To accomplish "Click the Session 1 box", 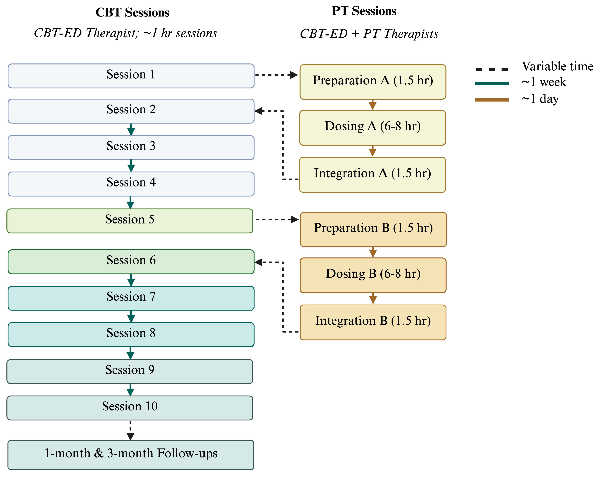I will point(131,76).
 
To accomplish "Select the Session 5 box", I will point(130,221).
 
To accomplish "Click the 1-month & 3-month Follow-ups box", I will point(131,455).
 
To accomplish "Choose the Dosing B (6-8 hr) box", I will point(373,275).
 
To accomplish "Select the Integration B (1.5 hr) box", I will point(373,322).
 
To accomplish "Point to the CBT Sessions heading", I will point(132,12).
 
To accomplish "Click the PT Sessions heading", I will point(364,11).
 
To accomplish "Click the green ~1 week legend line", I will point(492,83).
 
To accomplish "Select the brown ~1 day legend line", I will point(492,100).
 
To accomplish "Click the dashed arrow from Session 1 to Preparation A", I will point(275,75).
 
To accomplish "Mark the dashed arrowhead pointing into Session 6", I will point(259,262).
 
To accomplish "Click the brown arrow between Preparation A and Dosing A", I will point(373,105).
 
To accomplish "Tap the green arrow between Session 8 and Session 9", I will point(130,353).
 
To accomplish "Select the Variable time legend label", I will point(557,66).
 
